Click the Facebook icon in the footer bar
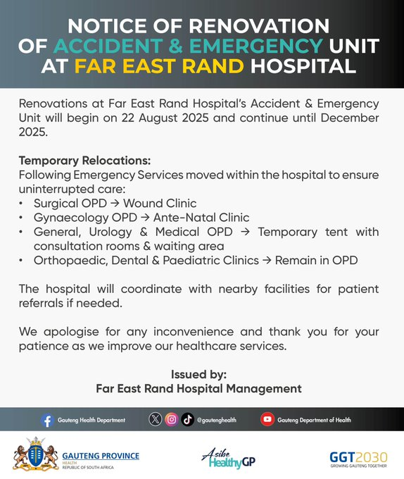[x=47, y=420]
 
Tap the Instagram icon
[x=171, y=420]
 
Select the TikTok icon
[x=187, y=420]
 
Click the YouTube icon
[x=267, y=420]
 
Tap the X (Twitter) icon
[x=156, y=420]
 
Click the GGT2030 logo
[x=358, y=458]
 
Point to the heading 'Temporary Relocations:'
[x=84, y=160]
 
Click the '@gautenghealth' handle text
[x=217, y=421]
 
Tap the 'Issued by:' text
[x=198, y=374]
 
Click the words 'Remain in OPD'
[x=317, y=261]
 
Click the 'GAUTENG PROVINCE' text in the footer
[x=101, y=456]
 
